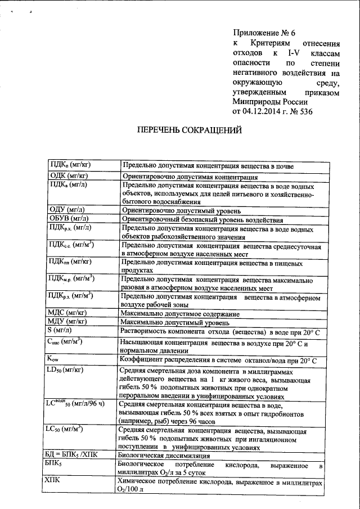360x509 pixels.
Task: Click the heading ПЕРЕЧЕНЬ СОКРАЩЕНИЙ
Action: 190,131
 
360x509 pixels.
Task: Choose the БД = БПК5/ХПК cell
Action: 74,454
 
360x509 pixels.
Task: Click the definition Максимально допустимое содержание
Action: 181,313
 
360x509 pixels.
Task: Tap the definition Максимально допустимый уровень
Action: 175,322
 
